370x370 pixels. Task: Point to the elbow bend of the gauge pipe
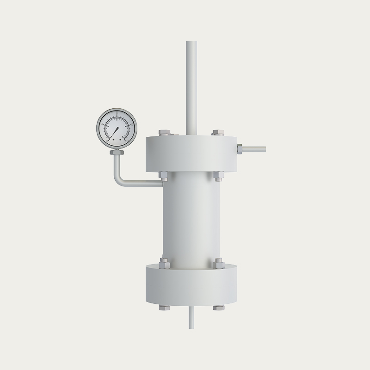coord(119,180)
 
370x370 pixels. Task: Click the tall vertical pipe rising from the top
coord(191,83)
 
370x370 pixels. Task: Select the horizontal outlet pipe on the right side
coord(254,149)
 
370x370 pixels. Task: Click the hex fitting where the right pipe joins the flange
coord(240,149)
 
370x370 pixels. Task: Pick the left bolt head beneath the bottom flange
coord(164,308)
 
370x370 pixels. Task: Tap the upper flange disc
coord(191,155)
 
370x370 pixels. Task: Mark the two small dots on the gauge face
coord(115,138)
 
